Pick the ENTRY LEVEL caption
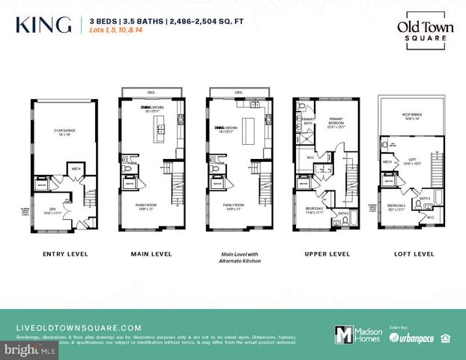[x=64, y=254]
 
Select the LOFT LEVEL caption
[x=413, y=254]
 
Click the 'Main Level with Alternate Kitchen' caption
[x=237, y=257]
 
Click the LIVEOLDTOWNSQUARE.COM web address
[x=79, y=328]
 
